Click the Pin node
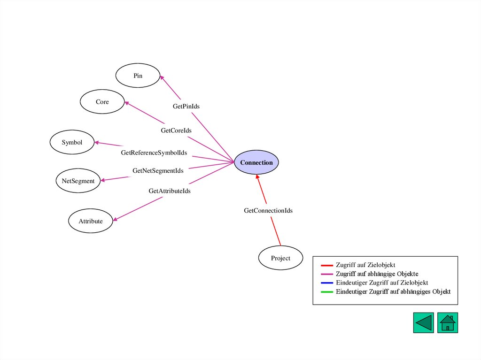pyautogui.click(x=138, y=76)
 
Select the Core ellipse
pyautogui.click(x=102, y=102)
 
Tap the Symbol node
pyautogui.click(x=72, y=142)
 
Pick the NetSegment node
pyautogui.click(x=78, y=181)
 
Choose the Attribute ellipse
pyautogui.click(x=91, y=221)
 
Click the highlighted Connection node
pyautogui.click(x=256, y=162)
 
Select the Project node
pyautogui.click(x=280, y=258)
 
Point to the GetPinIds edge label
pyautogui.click(x=186, y=107)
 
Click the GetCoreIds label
pyautogui.click(x=176, y=130)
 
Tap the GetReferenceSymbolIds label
pyautogui.click(x=154, y=153)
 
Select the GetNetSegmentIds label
pyautogui.click(x=158, y=171)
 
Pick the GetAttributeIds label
pyautogui.click(x=170, y=191)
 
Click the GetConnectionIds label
pyautogui.click(x=268, y=211)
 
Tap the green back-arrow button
pyautogui.click(x=423, y=323)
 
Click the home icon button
pyautogui.click(x=447, y=323)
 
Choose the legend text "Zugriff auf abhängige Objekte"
pyautogui.click(x=377, y=274)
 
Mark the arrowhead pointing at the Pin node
pyautogui.click(x=162, y=78)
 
